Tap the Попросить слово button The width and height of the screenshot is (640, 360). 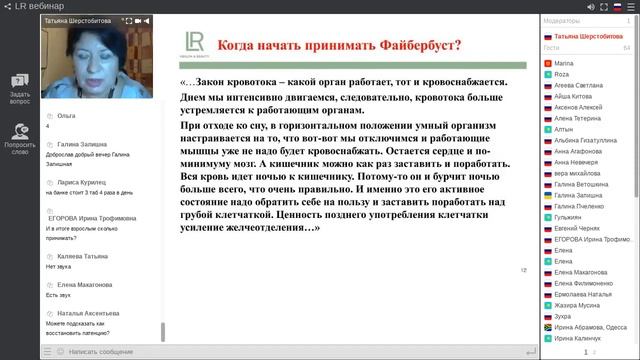point(20,136)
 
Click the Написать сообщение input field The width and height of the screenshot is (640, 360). point(110,352)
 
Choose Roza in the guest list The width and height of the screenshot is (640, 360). point(561,74)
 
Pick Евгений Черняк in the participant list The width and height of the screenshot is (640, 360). point(577,228)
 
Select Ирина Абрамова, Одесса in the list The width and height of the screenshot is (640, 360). point(590,327)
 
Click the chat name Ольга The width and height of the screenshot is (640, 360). point(68,116)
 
